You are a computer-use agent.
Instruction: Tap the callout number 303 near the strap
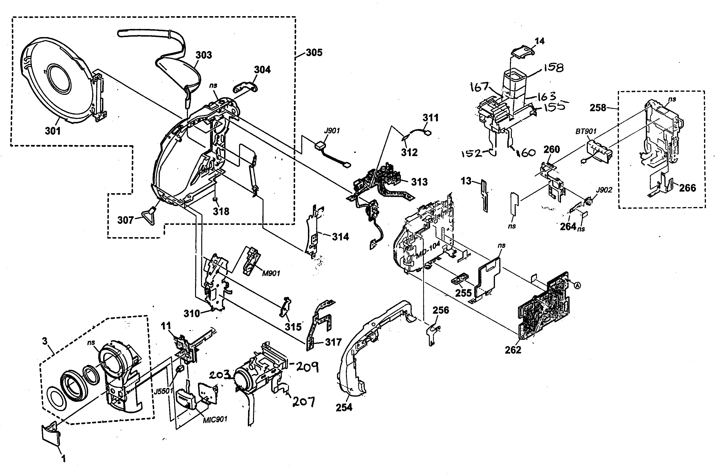pos(203,55)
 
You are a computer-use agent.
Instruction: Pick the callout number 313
pos(419,182)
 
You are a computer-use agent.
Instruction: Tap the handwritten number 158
pos(553,67)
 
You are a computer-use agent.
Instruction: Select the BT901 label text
pos(586,131)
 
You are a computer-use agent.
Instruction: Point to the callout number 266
pos(687,188)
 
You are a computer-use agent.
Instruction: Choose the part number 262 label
pos(513,350)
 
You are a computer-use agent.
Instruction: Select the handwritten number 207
pos(303,402)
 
